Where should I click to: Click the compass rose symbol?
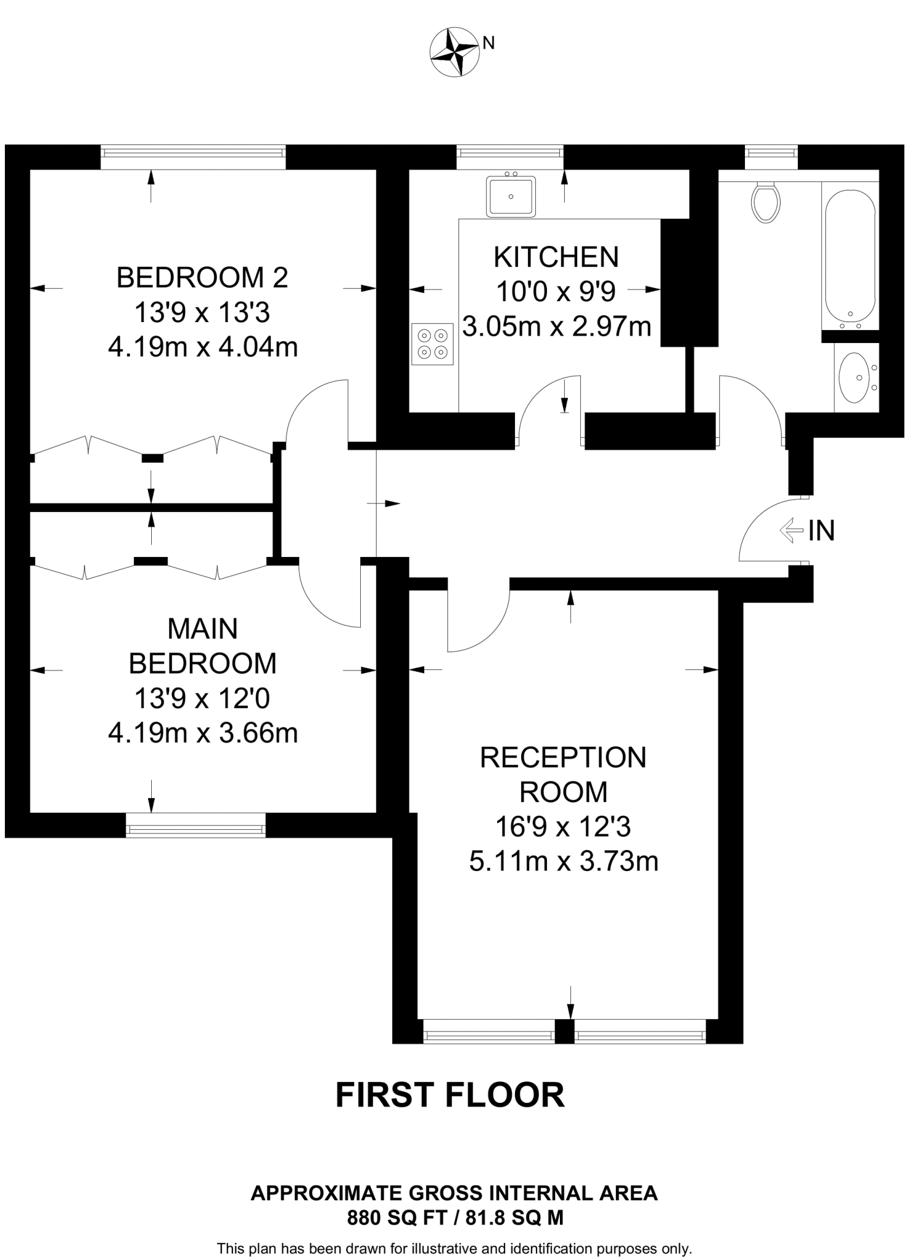point(454,52)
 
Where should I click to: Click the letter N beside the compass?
point(489,42)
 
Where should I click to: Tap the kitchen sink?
point(511,197)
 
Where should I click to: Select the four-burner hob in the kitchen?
point(433,344)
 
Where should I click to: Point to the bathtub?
point(850,255)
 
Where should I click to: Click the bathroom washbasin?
point(855,377)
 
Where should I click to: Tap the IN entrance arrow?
point(792,530)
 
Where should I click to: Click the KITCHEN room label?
point(556,257)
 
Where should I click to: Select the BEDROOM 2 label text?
point(202,278)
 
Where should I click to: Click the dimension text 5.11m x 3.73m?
point(564,861)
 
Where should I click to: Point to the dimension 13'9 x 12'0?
point(202,698)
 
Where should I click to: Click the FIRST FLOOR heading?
point(449,1095)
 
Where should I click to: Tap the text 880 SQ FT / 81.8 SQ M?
point(455,1217)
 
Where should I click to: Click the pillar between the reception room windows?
point(564,1031)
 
